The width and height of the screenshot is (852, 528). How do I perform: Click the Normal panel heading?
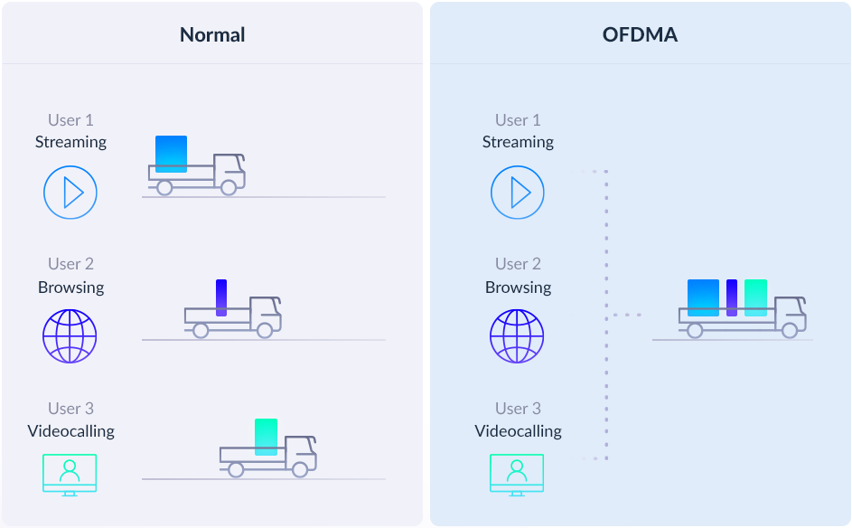[x=212, y=34]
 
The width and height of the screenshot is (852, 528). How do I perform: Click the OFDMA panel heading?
[x=640, y=34]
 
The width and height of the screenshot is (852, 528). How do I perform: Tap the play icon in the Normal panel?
[x=70, y=193]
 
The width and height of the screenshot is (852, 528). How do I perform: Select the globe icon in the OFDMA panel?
[x=517, y=336]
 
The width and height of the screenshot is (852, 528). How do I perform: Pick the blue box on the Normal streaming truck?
[x=171, y=154]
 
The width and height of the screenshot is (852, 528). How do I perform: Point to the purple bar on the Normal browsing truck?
[x=221, y=297]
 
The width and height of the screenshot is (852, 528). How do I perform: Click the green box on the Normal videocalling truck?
[x=267, y=437]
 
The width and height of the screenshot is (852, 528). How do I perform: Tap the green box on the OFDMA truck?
[x=756, y=297]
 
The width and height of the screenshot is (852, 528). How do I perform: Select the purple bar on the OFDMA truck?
[x=732, y=297]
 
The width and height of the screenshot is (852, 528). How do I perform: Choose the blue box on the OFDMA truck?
[x=703, y=297]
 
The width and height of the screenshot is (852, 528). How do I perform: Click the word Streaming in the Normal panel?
[x=70, y=143]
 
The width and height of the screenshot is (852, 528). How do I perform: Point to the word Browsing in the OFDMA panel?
[x=518, y=288]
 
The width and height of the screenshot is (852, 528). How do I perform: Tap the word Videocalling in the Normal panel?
[x=70, y=430]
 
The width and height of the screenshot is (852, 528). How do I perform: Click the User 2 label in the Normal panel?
[x=70, y=264]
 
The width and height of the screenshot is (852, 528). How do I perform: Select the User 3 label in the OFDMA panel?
[x=518, y=409]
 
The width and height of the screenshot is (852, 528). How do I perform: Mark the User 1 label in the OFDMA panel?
[x=518, y=119]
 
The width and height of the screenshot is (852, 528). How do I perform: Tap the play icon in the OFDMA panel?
[x=518, y=193]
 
